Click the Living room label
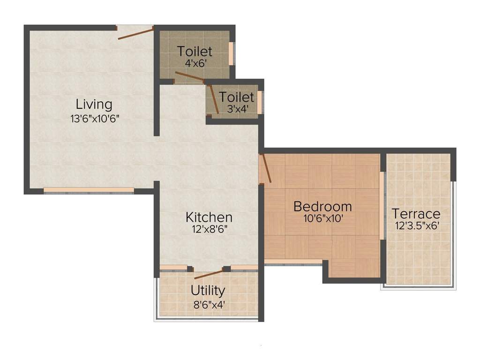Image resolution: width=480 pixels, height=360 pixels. pos(94,104)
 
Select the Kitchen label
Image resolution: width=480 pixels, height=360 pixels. pos(209,217)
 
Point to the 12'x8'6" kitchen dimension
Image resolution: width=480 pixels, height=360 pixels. pos(209,231)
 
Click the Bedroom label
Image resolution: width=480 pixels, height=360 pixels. pos(322,206)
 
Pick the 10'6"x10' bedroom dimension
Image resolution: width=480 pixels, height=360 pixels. pos(322,218)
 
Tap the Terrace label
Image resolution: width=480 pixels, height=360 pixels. pos(416,214)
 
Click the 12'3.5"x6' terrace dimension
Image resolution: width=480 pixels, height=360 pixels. pos(416,225)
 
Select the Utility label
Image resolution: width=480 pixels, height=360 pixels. pos(208,291)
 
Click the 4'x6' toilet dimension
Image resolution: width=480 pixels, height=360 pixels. pos(195,64)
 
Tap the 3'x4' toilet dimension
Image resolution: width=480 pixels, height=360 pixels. pos(237,110)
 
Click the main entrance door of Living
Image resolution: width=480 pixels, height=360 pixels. pos(135,33)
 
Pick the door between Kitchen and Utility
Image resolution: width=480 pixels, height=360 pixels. pos(209,274)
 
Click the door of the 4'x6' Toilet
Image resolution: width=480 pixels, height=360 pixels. pos(189,77)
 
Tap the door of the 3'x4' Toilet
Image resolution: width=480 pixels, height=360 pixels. pos(214,99)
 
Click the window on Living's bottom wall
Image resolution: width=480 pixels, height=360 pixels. pos(89,190)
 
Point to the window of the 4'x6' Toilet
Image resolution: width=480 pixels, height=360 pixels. pos(231,52)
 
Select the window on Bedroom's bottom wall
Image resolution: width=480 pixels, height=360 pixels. pos(293,262)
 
